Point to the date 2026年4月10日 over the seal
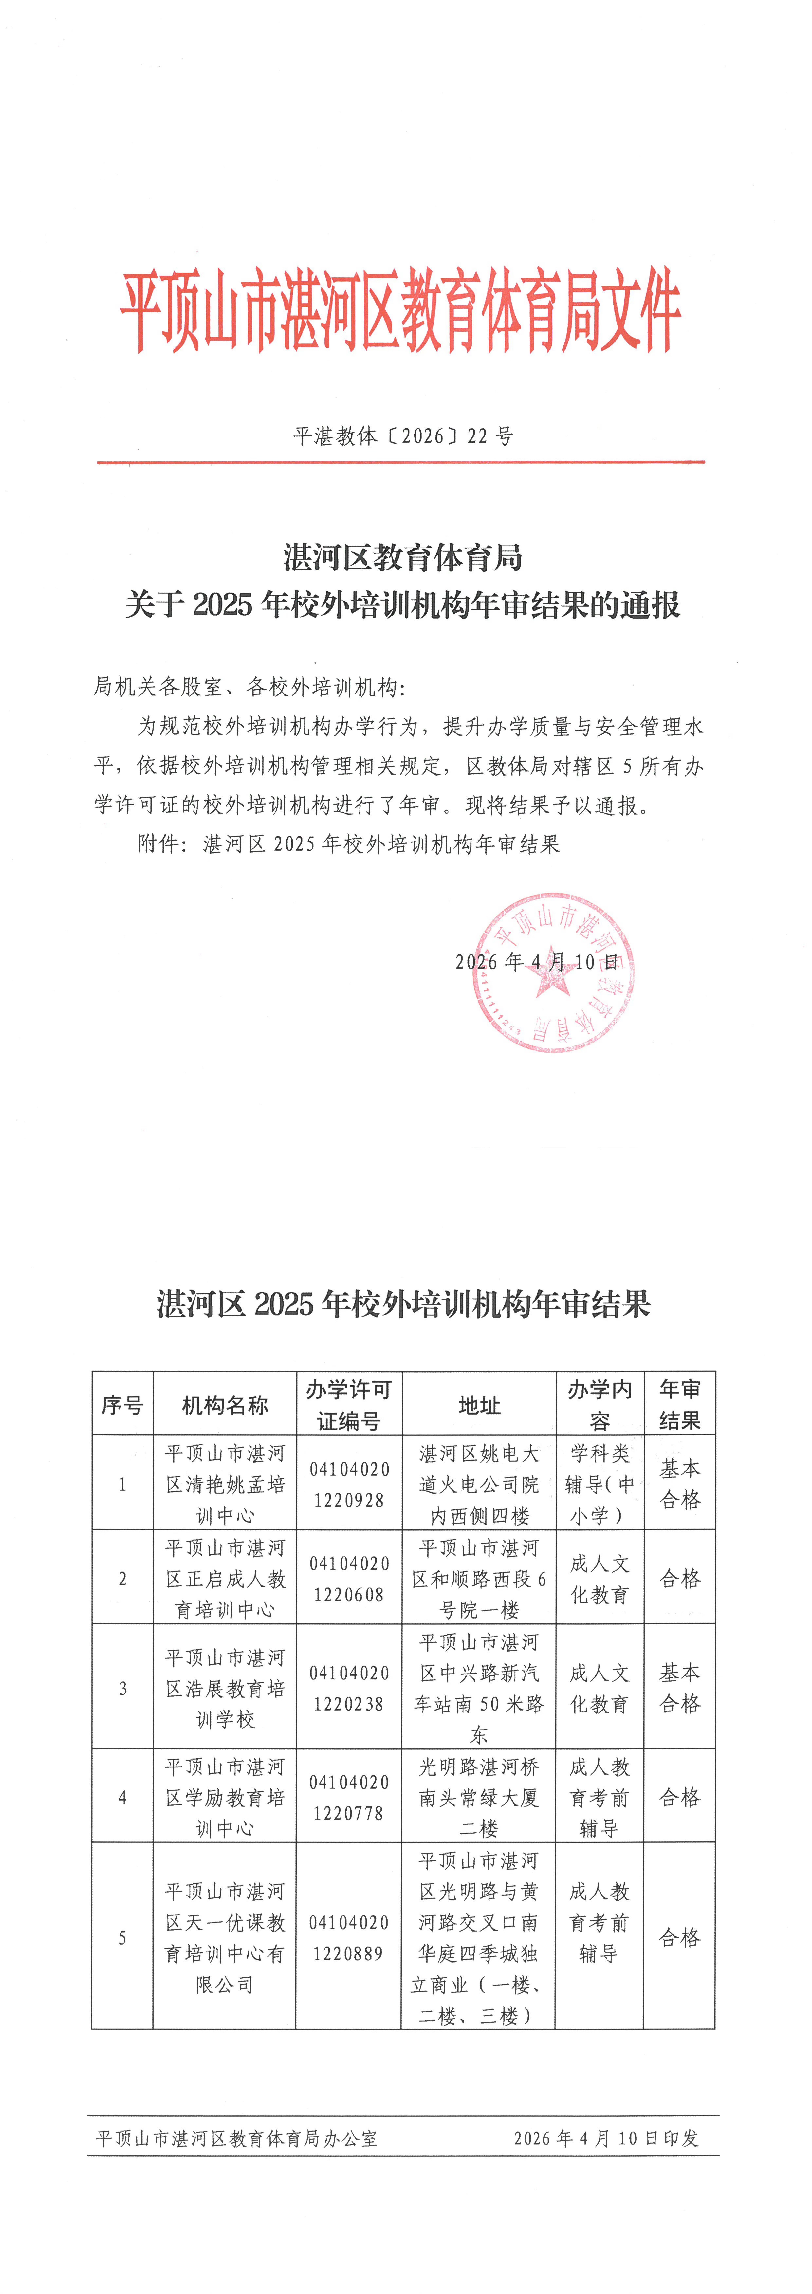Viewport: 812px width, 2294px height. pyautogui.click(x=537, y=962)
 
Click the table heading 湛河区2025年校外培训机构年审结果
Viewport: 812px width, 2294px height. pyautogui.click(x=403, y=1304)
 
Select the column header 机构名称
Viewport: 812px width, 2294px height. pyautogui.click(x=224, y=1405)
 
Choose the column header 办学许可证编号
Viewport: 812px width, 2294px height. pyautogui.click(x=348, y=1405)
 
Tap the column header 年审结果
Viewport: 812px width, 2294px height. pyautogui.click(x=679, y=1405)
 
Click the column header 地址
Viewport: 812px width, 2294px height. pyautogui.click(x=479, y=1405)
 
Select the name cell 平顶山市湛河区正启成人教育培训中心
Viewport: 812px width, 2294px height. pyautogui.click(x=224, y=1579)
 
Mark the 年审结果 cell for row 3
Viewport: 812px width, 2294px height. pyautogui.click(x=679, y=1689)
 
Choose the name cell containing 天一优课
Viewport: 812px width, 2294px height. pyautogui.click(x=224, y=1938)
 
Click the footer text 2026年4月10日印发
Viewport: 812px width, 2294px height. pyautogui.click(x=605, y=2138)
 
